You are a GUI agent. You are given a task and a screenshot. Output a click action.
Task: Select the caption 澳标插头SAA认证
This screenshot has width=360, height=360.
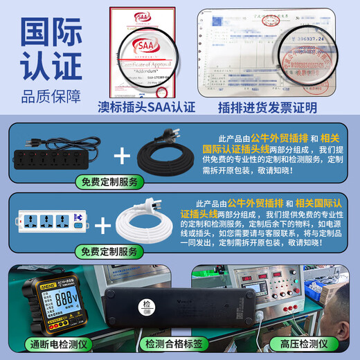147,107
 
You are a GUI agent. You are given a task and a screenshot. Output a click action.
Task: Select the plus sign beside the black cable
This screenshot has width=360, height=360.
121,155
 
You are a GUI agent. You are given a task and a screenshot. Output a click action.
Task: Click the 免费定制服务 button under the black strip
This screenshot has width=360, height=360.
109,182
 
